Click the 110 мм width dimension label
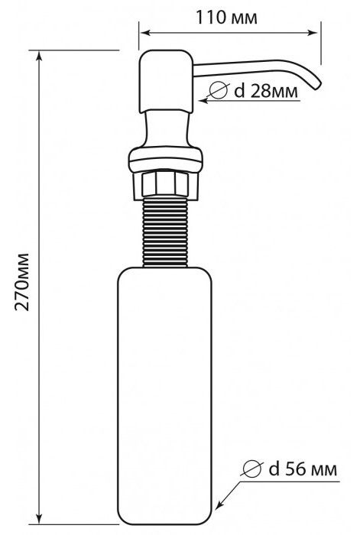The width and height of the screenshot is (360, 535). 226,18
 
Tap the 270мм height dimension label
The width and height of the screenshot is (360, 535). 22,282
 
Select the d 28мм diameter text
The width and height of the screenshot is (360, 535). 266,91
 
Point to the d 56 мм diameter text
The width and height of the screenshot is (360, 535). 303,469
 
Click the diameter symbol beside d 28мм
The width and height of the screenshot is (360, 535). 218,90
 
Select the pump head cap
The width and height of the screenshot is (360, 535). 166,81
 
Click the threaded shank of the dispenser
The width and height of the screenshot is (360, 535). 165,232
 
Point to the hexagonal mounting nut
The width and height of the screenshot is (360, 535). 166,185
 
